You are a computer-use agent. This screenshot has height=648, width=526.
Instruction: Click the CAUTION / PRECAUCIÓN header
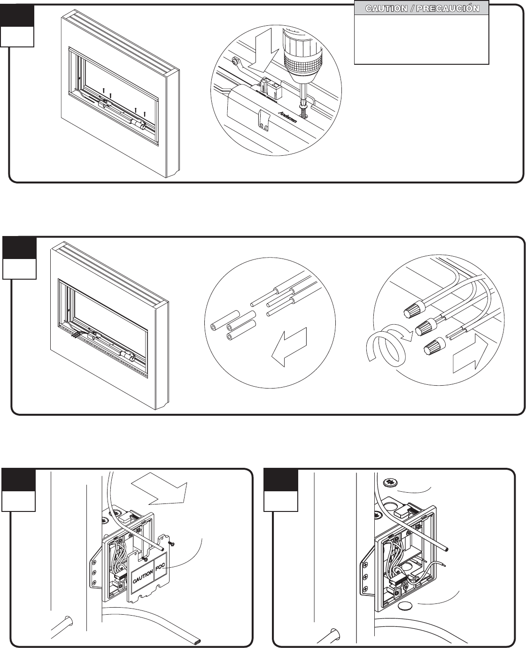pyautogui.click(x=421, y=8)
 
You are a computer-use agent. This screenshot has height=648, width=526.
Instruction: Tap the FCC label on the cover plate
pyautogui.click(x=160, y=560)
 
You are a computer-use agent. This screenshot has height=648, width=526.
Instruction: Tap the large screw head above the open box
pyautogui.click(x=390, y=482)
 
